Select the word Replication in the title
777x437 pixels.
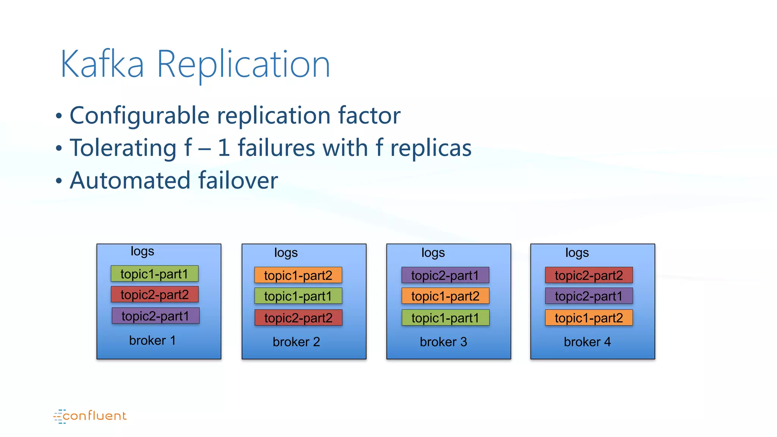[243, 65]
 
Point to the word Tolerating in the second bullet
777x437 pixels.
[123, 148]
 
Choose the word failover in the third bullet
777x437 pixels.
[238, 181]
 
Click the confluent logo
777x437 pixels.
[90, 416]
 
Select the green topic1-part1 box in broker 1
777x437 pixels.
[154, 274]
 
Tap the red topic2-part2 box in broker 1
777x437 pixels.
[154, 294]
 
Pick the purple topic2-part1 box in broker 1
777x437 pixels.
[155, 316]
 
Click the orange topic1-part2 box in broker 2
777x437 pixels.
[298, 275]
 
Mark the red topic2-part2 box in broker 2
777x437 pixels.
[298, 318]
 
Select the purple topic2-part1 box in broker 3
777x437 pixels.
[445, 275]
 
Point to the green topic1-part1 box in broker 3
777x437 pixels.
[445, 318]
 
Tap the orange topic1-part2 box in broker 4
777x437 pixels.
[589, 318]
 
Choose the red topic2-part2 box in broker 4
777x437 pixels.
[589, 275]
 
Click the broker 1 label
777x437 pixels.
[152, 340]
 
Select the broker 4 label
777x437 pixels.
[587, 342]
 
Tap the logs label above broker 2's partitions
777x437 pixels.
[286, 253]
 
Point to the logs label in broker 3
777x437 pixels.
[433, 253]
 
